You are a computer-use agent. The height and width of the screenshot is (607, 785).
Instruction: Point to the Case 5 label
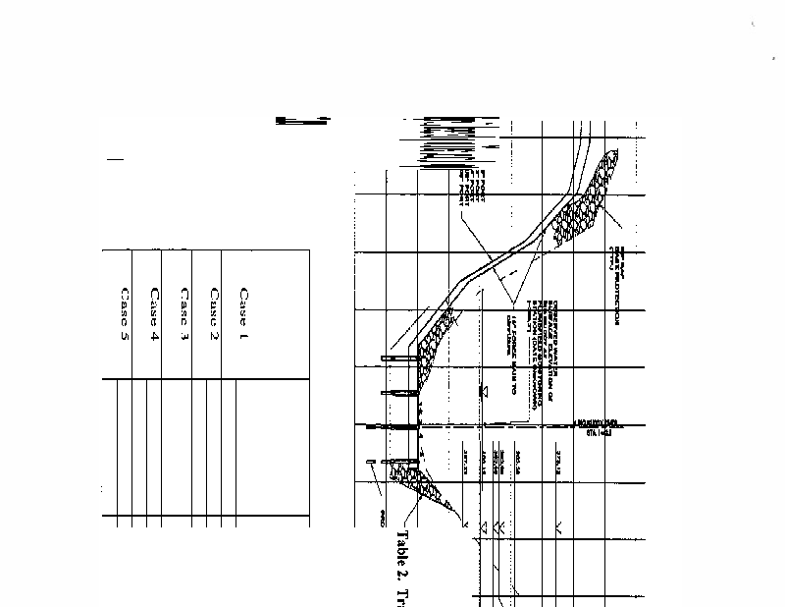pyautogui.click(x=124, y=313)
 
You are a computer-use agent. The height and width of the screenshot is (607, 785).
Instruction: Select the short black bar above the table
pyautogui.click(x=302, y=121)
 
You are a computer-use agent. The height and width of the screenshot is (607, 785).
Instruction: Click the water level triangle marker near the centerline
pyautogui.click(x=483, y=391)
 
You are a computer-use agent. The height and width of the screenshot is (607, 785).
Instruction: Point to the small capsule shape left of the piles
pyautogui.click(x=368, y=461)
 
